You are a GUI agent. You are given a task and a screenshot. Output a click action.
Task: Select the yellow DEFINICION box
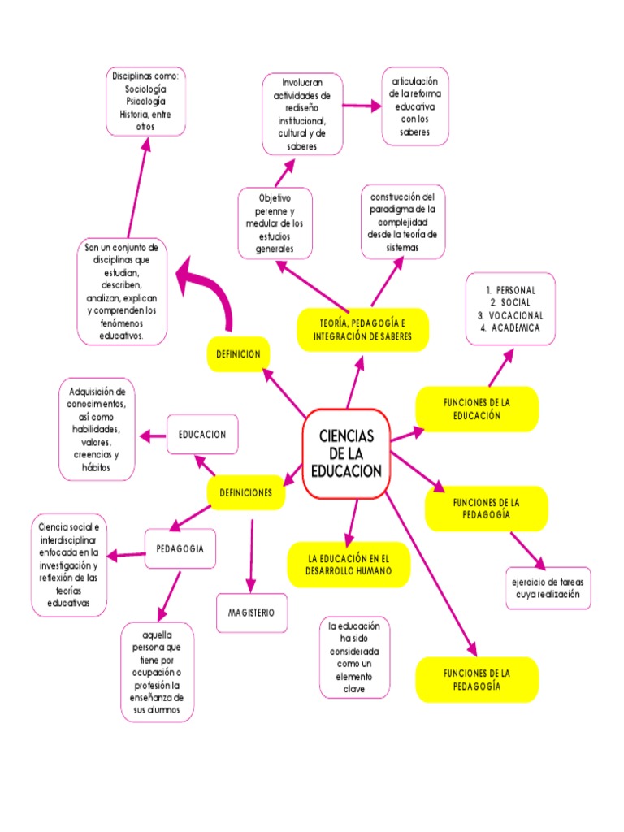(238, 354)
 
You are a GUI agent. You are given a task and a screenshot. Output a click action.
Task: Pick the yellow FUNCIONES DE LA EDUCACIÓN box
(477, 409)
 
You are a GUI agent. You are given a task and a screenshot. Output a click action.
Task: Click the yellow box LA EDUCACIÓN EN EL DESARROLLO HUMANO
(349, 565)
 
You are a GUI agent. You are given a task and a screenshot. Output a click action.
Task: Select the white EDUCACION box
(203, 435)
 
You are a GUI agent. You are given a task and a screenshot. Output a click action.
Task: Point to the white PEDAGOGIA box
(180, 549)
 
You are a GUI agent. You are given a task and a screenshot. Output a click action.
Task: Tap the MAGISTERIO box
(251, 613)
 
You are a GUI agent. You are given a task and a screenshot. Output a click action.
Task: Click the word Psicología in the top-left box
(146, 102)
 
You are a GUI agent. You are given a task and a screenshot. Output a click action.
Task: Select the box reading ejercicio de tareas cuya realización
(547, 588)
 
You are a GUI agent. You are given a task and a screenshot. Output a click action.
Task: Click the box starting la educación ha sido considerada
(354, 657)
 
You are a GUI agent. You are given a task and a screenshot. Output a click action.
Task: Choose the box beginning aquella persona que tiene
(157, 672)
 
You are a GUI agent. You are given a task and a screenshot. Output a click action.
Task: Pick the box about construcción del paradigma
(404, 222)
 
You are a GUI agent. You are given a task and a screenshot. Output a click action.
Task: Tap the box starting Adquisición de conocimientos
(97, 428)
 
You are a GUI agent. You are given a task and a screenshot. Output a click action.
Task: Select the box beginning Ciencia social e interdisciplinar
(68, 565)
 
